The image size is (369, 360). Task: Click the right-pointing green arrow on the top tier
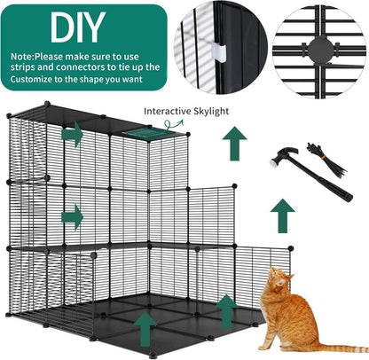[72, 137]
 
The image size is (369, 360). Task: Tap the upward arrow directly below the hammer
[283, 215]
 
